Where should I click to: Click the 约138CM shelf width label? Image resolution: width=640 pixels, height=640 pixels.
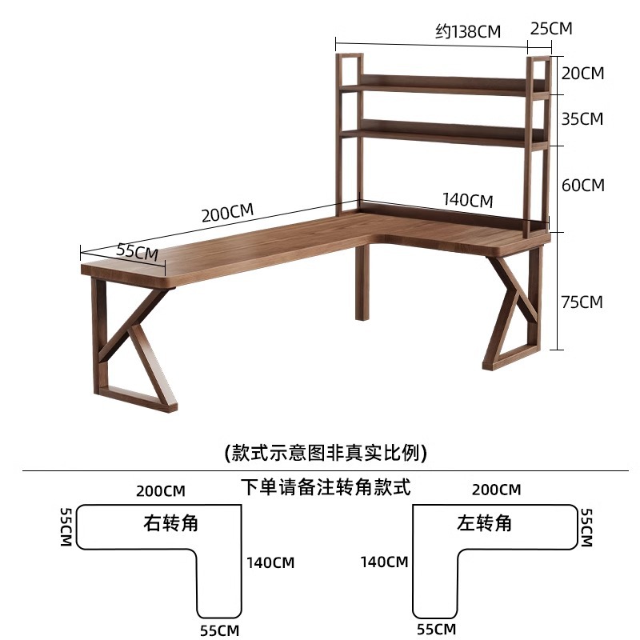468,32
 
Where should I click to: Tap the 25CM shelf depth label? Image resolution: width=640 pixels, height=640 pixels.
551,28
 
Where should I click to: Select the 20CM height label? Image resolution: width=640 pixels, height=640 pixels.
582,74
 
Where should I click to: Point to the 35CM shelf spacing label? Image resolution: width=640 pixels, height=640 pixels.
582,119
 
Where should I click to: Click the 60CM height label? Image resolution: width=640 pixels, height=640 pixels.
582,185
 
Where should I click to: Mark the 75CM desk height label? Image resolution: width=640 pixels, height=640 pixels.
582,302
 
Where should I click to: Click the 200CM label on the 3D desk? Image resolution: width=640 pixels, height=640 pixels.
227,214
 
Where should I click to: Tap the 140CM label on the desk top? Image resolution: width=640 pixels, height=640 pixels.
468,200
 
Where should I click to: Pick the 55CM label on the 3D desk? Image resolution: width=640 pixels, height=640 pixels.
137,251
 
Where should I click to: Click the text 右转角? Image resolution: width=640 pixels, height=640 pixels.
170,524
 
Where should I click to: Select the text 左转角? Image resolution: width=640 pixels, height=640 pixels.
484,524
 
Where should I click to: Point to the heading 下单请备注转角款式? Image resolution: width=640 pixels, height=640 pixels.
326,486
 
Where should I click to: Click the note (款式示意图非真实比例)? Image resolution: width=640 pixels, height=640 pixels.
326,453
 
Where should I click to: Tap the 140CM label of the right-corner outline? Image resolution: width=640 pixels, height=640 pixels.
270,562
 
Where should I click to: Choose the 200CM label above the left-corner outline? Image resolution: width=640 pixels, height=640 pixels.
496,490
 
